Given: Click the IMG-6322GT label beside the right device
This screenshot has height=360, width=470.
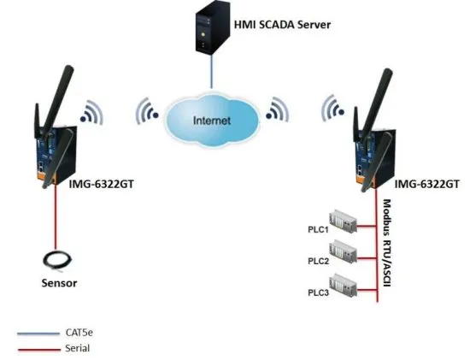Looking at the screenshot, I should point(427,183).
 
